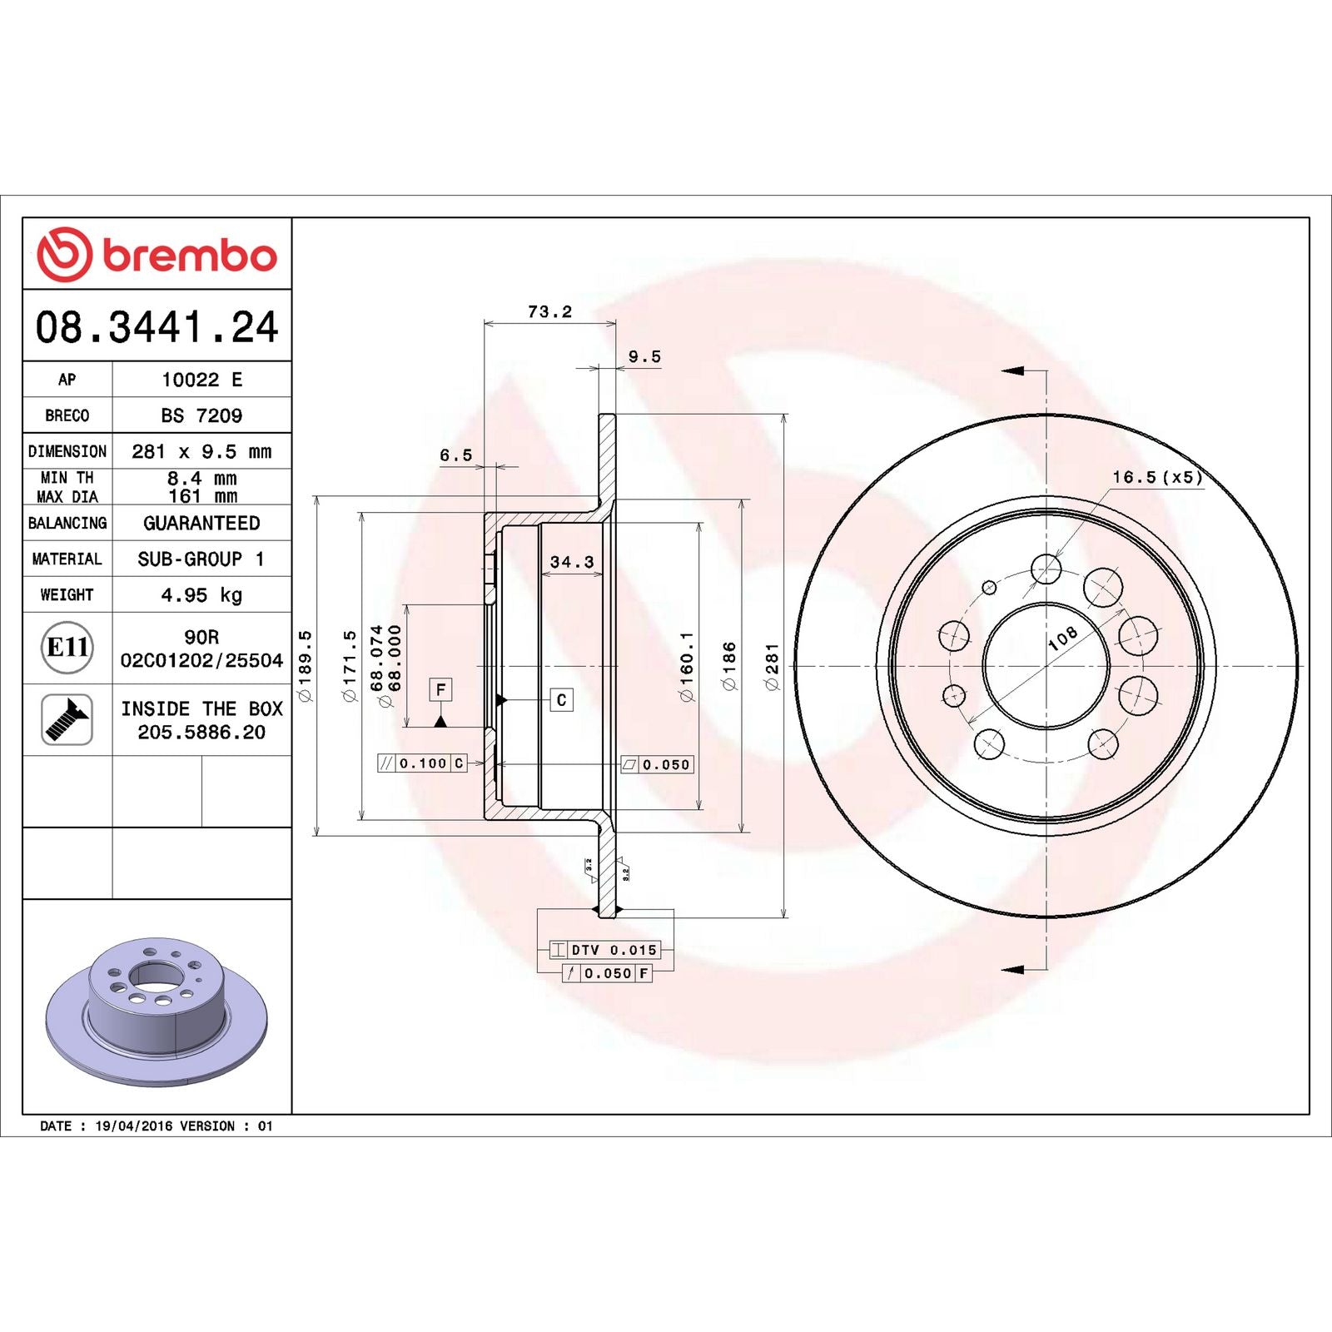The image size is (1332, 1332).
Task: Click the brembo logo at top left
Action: tap(157, 255)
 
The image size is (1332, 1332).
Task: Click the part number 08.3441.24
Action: tap(157, 326)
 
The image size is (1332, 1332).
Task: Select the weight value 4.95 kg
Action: tap(201, 594)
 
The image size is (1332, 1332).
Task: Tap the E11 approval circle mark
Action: tap(67, 647)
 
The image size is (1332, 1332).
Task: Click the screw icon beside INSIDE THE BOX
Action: tap(67, 719)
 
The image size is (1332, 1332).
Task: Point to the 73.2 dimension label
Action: tap(549, 311)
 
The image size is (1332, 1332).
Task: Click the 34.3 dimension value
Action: tap(572, 562)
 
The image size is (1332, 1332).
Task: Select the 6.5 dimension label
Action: tap(455, 455)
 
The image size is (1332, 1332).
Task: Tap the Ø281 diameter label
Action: tap(772, 666)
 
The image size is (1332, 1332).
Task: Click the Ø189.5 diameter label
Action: tap(305, 666)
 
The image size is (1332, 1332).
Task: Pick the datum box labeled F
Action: tap(440, 689)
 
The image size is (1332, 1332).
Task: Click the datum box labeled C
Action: tap(561, 700)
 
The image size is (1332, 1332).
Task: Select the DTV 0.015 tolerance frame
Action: tap(605, 950)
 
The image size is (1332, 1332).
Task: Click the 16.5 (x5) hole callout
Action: tap(1157, 477)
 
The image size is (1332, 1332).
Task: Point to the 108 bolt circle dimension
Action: tap(1062, 638)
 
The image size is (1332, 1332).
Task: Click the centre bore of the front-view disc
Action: tap(1046, 666)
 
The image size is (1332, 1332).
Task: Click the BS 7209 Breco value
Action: tap(201, 415)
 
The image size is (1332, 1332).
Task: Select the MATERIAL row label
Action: tap(67, 559)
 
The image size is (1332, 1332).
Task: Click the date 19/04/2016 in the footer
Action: tap(134, 1126)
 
